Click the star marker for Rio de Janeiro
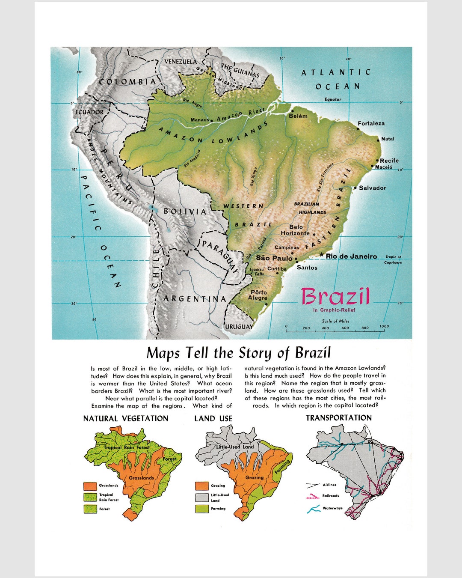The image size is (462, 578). pyautogui.click(x=321, y=255)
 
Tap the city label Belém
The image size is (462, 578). pyautogui.click(x=298, y=116)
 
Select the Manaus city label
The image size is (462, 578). pyautogui.click(x=199, y=120)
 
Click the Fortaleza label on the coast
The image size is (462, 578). pyautogui.click(x=371, y=123)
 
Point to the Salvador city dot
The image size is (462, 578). pyautogui.click(x=355, y=188)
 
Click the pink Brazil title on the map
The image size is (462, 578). pyautogui.click(x=335, y=296)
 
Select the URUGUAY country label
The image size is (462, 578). pyautogui.click(x=239, y=327)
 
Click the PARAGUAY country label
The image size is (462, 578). pyautogui.click(x=220, y=256)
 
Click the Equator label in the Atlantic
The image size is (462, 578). pyautogui.click(x=333, y=99)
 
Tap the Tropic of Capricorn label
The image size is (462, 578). pyautogui.click(x=393, y=259)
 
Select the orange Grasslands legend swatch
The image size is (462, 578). pyautogui.click(x=90, y=486)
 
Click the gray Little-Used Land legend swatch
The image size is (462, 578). pyautogui.click(x=201, y=498)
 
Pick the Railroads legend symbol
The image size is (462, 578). pyautogui.click(x=313, y=496)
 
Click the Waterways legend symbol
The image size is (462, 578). pyautogui.click(x=313, y=509)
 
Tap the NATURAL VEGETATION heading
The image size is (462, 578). pyautogui.click(x=126, y=419)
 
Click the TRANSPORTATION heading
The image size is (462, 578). pyautogui.click(x=338, y=418)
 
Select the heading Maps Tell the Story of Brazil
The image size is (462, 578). pyautogui.click(x=238, y=353)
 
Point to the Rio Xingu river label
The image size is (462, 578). pyautogui.click(x=253, y=176)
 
